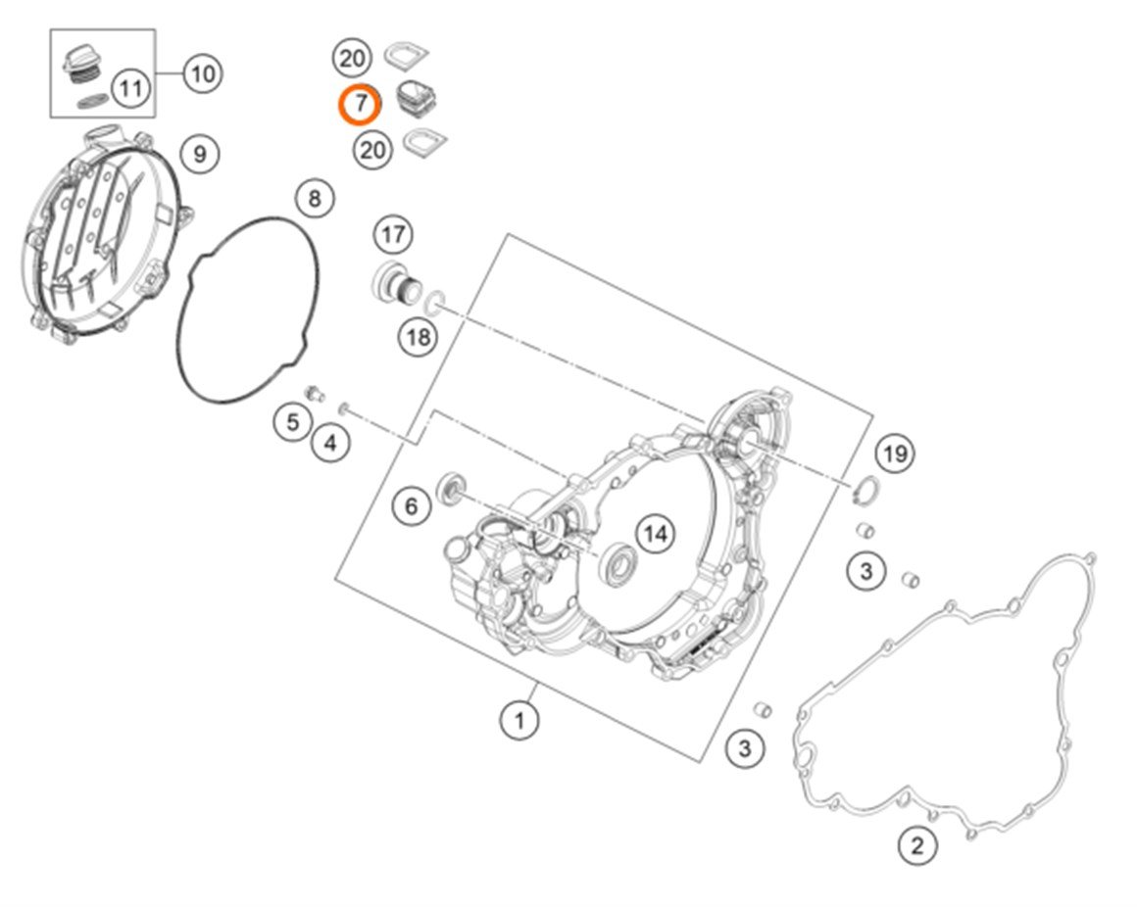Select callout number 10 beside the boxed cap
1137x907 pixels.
(202, 73)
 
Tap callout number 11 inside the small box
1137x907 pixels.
(130, 89)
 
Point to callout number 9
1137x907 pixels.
(199, 154)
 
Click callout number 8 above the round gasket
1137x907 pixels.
(314, 200)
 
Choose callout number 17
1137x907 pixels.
(393, 235)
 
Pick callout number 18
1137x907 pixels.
(418, 338)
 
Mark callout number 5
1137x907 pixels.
(292, 422)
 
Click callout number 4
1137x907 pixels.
(331, 443)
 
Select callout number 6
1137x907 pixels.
(411, 505)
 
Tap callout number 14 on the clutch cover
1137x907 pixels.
(656, 534)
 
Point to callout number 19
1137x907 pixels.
(894, 453)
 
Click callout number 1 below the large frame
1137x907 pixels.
(519, 722)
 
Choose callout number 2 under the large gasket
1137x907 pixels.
(916, 844)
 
